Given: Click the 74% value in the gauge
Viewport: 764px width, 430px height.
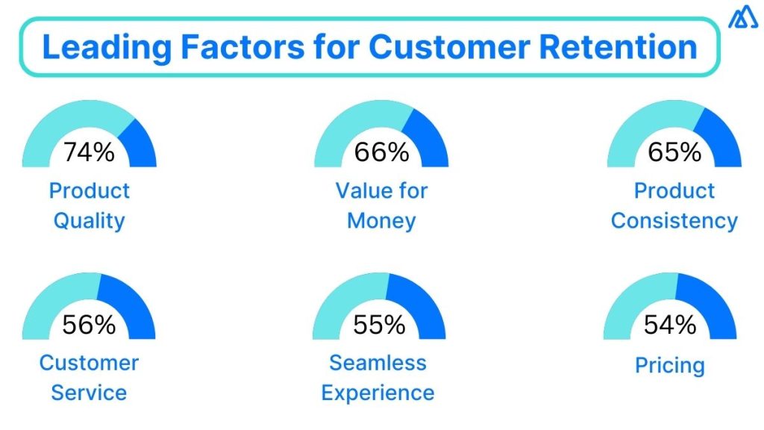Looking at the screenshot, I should coord(89,152).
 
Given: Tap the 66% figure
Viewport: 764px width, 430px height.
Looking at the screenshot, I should coord(381,152).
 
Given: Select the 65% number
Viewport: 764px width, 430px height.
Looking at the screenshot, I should coord(674,152).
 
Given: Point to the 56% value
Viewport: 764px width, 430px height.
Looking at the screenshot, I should coord(89,325).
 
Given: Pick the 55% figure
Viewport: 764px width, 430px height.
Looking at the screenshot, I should coord(379,325).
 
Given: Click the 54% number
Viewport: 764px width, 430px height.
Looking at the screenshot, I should coord(670,325).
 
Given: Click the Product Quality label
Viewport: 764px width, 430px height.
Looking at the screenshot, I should coord(89,205).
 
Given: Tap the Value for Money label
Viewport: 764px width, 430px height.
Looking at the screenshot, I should coord(381,205).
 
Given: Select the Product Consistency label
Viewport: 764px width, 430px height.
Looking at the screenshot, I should coord(674,205).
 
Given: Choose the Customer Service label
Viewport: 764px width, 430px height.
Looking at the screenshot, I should coord(89,378).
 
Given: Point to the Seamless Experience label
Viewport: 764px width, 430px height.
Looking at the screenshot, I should coord(378,378).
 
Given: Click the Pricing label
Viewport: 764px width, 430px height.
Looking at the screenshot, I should coord(670,366).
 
